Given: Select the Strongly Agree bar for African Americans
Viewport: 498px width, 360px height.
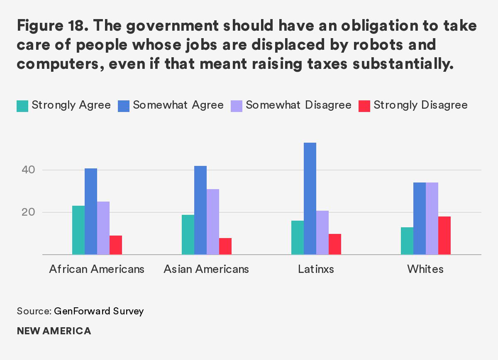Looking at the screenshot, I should click(x=78, y=230).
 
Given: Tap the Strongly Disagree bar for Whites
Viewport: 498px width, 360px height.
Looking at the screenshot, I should click(x=444, y=235).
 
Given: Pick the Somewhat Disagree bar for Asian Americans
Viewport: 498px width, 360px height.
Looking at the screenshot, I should click(x=213, y=221).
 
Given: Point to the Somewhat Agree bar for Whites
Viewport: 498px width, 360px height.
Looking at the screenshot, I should click(x=420, y=218).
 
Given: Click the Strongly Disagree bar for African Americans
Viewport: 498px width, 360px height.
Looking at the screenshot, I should click(x=116, y=245).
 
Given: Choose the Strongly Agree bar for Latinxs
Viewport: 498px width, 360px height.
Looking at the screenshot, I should click(x=298, y=237).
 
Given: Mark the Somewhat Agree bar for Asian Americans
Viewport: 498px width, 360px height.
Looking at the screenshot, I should click(x=200, y=210).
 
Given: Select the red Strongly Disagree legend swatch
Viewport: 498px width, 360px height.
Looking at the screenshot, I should click(x=364, y=106).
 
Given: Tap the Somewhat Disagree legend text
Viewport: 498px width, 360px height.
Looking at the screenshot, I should click(x=298, y=105).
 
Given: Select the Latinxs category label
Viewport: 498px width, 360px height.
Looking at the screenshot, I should click(x=316, y=269).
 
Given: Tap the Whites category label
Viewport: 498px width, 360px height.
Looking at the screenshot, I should click(x=425, y=269).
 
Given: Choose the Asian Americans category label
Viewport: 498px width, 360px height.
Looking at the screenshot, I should click(x=206, y=269).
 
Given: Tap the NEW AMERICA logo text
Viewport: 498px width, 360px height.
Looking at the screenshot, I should click(x=54, y=331).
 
